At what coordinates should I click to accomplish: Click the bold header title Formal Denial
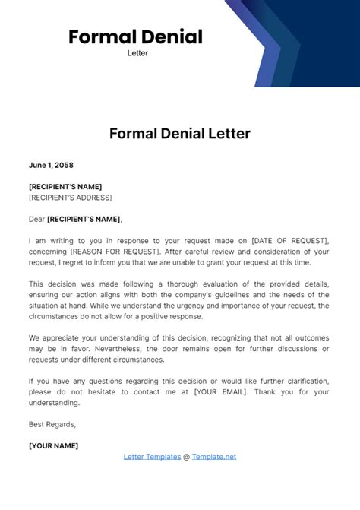(x=135, y=36)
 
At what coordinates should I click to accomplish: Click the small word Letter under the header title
(x=137, y=53)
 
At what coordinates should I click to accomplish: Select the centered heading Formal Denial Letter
(x=180, y=134)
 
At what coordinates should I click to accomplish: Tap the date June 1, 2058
(x=51, y=165)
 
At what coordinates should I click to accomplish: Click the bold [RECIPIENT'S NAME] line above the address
(x=65, y=186)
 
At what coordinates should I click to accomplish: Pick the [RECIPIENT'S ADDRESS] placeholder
(x=70, y=198)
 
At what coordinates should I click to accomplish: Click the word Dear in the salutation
(x=36, y=219)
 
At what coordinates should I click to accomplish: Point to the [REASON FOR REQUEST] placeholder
(x=112, y=251)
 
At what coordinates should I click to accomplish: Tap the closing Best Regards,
(x=52, y=424)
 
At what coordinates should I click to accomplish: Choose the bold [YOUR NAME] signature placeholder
(x=53, y=445)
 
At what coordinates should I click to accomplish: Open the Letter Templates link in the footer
(x=152, y=456)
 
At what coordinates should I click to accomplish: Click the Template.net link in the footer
(x=214, y=456)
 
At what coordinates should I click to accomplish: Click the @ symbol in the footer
(x=187, y=456)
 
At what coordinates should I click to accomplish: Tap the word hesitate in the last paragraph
(x=112, y=391)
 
